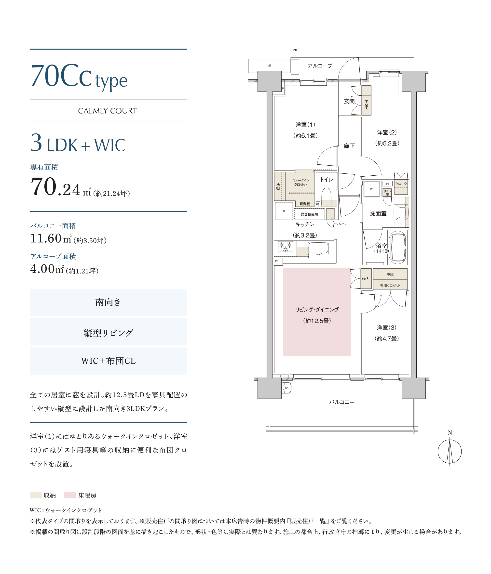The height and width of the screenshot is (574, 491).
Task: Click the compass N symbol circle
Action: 450,452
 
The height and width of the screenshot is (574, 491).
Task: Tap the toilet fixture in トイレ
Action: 326,196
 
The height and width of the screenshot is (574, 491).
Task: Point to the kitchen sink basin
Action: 318,248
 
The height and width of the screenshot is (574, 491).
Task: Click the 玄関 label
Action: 349,101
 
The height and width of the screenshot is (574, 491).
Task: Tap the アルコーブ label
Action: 320,66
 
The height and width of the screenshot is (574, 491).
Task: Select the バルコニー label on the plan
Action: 341,402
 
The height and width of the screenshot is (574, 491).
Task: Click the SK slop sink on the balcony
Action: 286,388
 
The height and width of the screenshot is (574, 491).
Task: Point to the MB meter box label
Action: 269,66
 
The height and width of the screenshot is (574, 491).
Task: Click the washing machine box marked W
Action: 371,189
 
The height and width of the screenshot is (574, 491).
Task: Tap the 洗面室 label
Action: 378,213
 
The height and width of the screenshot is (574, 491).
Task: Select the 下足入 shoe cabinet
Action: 366,100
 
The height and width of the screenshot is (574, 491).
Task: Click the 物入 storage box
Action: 366,279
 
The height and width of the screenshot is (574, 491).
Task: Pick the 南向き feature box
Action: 108,302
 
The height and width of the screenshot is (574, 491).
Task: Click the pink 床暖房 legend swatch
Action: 70,495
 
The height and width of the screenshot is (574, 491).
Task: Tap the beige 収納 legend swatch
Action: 36,495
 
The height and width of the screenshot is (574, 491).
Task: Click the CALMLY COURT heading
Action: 108,111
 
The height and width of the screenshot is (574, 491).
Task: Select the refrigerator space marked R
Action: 284,211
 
